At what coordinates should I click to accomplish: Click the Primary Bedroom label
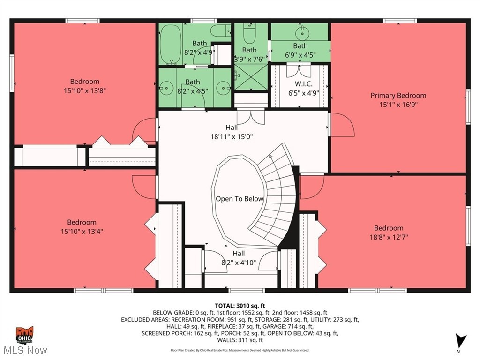tap(398, 95)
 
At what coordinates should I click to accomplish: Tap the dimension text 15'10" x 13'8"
tap(85, 90)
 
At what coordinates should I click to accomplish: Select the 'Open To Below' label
tap(240, 199)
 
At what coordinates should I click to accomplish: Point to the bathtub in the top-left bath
tap(167, 44)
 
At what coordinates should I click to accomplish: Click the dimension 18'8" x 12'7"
tap(389, 237)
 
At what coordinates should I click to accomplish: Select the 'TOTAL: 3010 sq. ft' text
tap(240, 305)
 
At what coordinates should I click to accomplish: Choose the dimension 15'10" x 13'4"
tap(82, 231)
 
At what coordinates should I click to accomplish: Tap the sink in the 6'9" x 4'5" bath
tap(301, 32)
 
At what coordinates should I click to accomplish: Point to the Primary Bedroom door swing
tap(341, 125)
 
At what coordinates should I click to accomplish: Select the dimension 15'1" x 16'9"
tap(398, 105)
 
